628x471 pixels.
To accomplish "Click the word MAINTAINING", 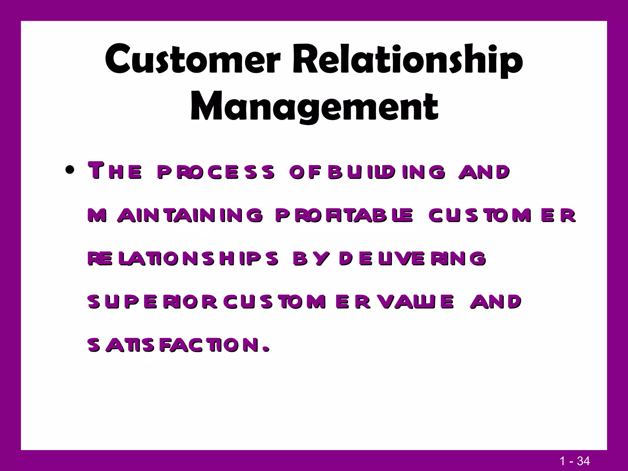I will pos(175,215).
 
